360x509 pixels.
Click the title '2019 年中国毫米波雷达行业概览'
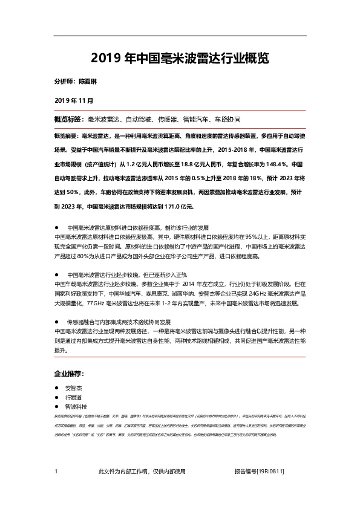pos(180,59)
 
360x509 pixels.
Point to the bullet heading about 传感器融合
pos(119,322)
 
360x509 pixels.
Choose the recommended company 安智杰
pos(76,388)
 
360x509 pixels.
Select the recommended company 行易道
pos(76,398)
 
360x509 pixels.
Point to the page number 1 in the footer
pos(56,472)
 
